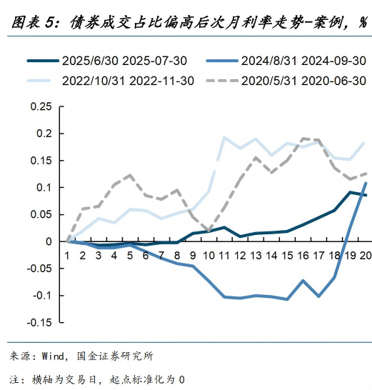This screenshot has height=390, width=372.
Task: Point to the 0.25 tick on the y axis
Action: point(41,107)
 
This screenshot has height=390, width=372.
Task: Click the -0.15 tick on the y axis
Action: point(39,322)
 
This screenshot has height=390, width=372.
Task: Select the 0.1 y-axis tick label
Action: point(44,188)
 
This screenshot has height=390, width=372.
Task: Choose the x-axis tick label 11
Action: point(224,254)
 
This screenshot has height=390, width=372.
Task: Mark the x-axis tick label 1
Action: point(66,254)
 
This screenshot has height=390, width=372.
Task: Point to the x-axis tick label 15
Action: point(287,254)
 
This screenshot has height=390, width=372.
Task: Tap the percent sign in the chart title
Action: point(363,24)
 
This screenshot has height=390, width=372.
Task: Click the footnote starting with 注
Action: point(96,379)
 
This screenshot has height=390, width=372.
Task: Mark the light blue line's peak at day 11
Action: point(224,137)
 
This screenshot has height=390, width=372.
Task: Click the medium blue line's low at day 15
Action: point(287,299)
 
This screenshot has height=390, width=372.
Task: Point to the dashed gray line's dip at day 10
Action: point(208,231)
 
